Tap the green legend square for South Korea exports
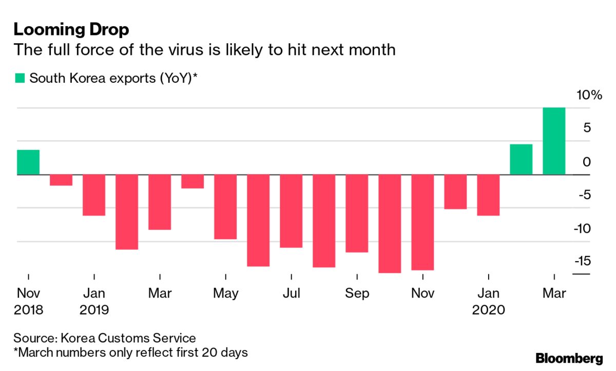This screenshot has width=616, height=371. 20,78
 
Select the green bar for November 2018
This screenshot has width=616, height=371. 28,162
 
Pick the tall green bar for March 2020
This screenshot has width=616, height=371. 554,141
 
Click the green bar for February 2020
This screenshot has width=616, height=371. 521,160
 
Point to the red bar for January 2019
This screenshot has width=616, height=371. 94,195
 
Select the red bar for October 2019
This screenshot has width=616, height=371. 390,224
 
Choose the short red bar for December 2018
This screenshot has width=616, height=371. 61,180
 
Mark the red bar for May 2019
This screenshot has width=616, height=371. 225,207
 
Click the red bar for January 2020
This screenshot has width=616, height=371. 488,195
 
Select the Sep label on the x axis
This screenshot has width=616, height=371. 357,294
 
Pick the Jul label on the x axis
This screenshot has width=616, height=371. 291,294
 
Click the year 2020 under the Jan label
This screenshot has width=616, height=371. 488,310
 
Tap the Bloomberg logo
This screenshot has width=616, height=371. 569,358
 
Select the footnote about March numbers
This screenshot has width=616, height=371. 131,353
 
